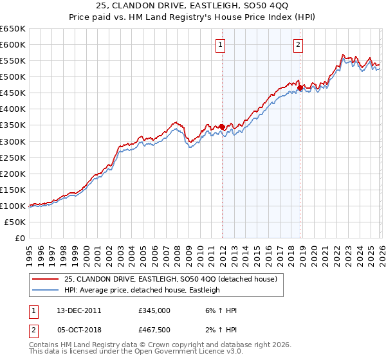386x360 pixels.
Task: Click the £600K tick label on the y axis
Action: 13,44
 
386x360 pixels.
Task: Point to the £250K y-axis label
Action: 13,157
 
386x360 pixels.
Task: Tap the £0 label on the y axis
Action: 20,238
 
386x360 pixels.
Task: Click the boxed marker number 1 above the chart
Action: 221,44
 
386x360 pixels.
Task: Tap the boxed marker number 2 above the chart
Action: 299,44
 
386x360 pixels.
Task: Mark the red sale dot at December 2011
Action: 222,127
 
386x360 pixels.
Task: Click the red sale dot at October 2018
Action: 300,87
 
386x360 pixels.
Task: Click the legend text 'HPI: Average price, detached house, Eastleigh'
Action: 142,290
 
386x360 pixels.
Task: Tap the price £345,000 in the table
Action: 154,310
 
